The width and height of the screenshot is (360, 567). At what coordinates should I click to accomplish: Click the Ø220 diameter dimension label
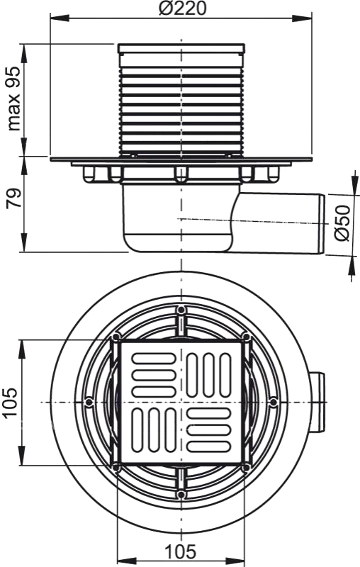coord(182,8)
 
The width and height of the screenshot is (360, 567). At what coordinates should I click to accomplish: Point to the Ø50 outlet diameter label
coord(342,223)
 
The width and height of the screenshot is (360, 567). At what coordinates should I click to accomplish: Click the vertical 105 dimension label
coord(10,403)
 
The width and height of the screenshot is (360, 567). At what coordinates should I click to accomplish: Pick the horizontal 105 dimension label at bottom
coord(181,551)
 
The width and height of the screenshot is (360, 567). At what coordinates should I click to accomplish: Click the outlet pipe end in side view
coord(321,224)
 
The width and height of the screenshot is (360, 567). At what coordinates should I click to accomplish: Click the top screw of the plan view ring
coord(181,310)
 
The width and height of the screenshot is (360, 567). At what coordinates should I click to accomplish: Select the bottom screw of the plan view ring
coord(181,494)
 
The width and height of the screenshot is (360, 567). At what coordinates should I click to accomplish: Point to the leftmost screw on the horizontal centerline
coord(89,402)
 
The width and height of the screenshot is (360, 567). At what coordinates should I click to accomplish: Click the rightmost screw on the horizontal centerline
coord(274,402)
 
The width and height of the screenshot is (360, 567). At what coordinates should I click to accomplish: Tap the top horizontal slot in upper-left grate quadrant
coord(154,359)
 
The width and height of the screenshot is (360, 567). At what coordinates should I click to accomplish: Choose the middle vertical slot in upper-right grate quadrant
coord(208,376)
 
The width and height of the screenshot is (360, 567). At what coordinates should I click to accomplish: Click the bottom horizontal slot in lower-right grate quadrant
coord(208,447)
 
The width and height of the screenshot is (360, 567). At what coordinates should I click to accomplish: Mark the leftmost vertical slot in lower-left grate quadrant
coord(137,430)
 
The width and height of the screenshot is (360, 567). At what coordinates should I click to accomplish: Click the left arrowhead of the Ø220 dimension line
coord(60,18)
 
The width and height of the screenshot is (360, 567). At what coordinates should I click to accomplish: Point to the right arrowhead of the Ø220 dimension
coord(301,18)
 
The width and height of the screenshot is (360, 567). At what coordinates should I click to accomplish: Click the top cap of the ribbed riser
coord(181,48)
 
